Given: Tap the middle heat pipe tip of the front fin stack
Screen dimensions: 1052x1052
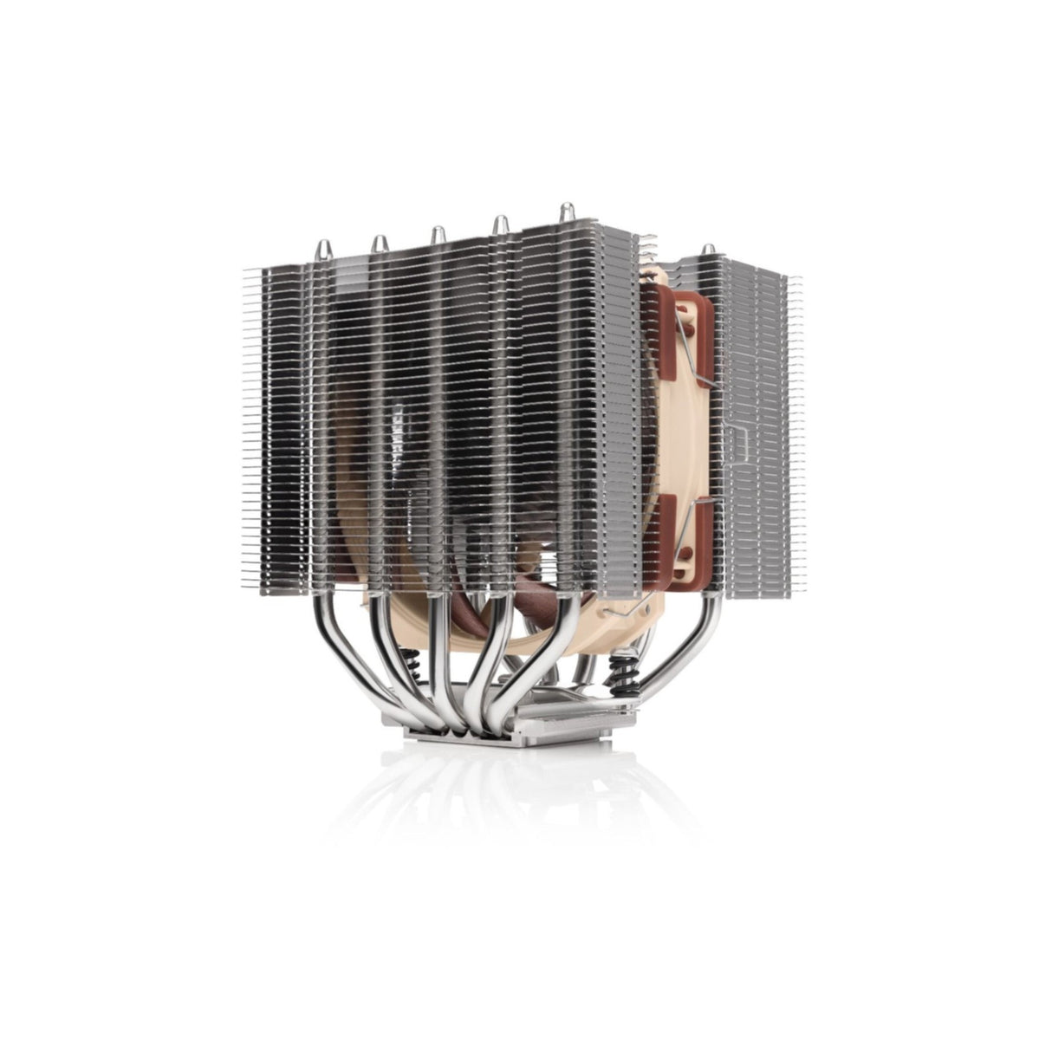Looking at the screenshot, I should [x=438, y=234].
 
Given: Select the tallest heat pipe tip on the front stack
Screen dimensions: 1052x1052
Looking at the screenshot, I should [x=565, y=211].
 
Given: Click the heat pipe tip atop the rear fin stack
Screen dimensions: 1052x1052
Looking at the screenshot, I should [x=709, y=250].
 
